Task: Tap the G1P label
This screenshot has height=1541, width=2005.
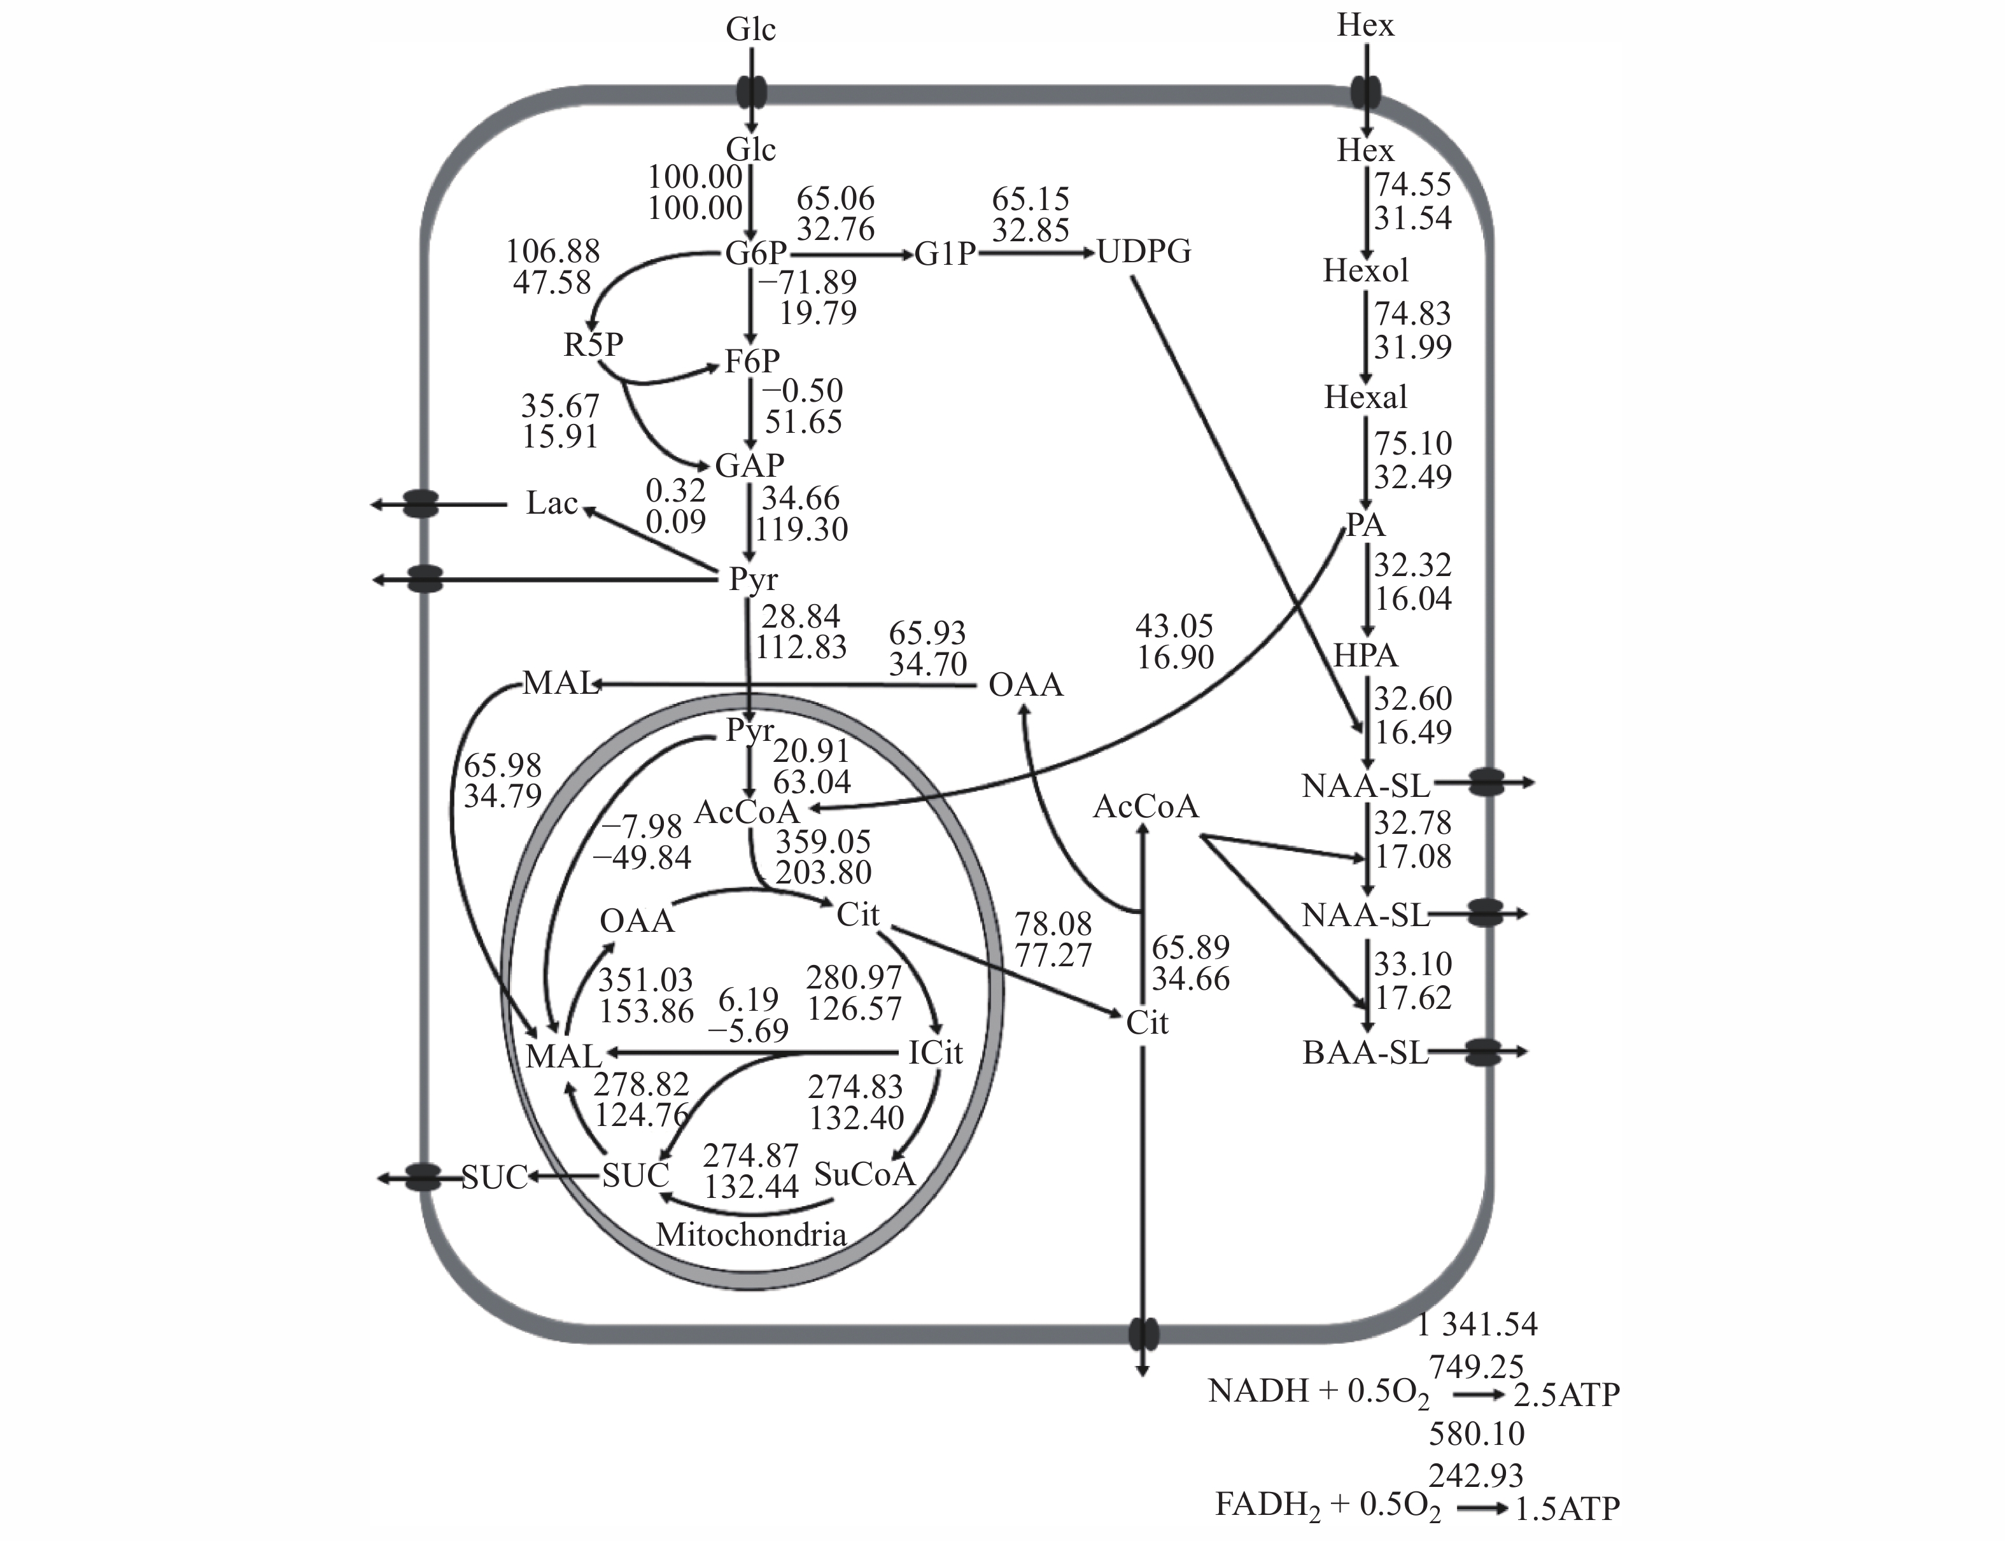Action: point(945,253)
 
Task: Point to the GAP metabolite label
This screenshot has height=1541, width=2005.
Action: point(749,465)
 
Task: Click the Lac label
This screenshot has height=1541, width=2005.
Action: point(551,503)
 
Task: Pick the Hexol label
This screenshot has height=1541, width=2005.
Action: point(1365,271)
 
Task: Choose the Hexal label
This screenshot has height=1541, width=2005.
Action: point(1365,397)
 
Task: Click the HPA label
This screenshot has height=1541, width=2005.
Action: point(1365,655)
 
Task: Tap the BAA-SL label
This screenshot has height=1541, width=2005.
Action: point(1365,1053)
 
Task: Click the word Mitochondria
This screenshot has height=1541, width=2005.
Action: point(750,1235)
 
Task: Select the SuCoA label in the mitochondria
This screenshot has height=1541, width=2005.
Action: point(864,1174)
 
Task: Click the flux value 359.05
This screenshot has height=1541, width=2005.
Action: point(823,841)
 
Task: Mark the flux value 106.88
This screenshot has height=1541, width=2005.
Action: point(553,250)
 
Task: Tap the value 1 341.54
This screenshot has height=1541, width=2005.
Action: point(1476,1323)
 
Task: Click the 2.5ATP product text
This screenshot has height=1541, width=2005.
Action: point(1566,1394)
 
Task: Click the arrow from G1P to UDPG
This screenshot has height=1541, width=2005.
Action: point(1036,252)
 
